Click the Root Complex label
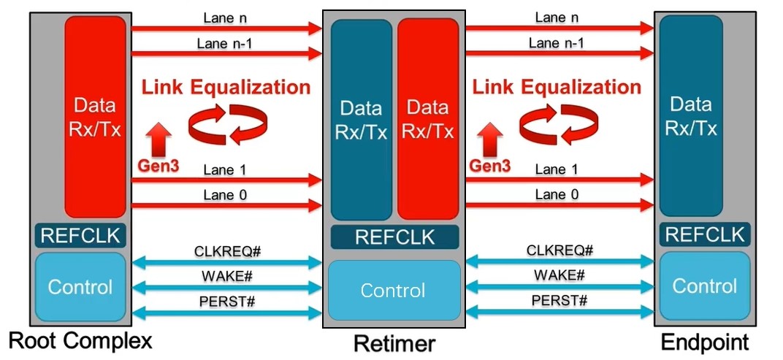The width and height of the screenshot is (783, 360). coord(80,340)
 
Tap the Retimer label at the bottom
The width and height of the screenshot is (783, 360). coord(394,343)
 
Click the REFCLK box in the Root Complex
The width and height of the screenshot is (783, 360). coord(81,235)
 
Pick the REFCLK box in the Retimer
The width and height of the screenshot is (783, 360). coord(394,237)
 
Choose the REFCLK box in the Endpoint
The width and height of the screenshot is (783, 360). coord(705,235)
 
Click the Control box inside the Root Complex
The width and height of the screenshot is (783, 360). coord(80,286)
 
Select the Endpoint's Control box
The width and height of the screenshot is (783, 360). coord(705,286)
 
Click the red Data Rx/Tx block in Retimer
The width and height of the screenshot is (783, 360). coord(427,120)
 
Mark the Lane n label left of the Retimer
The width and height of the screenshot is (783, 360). coord(226,17)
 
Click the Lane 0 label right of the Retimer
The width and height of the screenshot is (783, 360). coord(557,194)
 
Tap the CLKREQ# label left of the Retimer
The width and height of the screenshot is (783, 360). coord(227,251)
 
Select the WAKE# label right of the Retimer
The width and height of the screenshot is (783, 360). coord(559,275)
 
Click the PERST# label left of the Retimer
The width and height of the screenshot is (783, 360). coord(227,301)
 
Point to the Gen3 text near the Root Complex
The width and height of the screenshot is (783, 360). coord(158,166)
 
